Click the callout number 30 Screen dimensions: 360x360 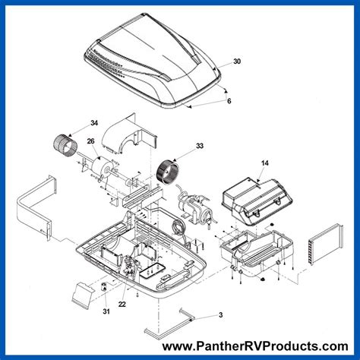click(237, 61)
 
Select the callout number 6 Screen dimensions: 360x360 click(229, 101)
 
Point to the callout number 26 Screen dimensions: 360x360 click(90, 141)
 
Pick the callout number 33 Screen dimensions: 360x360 click(179, 145)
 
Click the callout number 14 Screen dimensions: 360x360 click(264, 163)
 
